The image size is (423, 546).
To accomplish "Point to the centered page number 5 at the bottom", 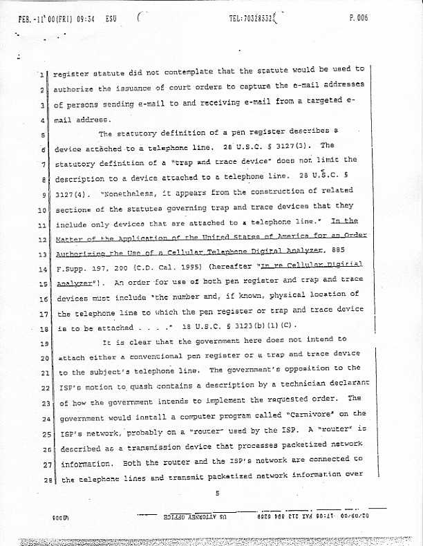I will (x=216, y=493).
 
